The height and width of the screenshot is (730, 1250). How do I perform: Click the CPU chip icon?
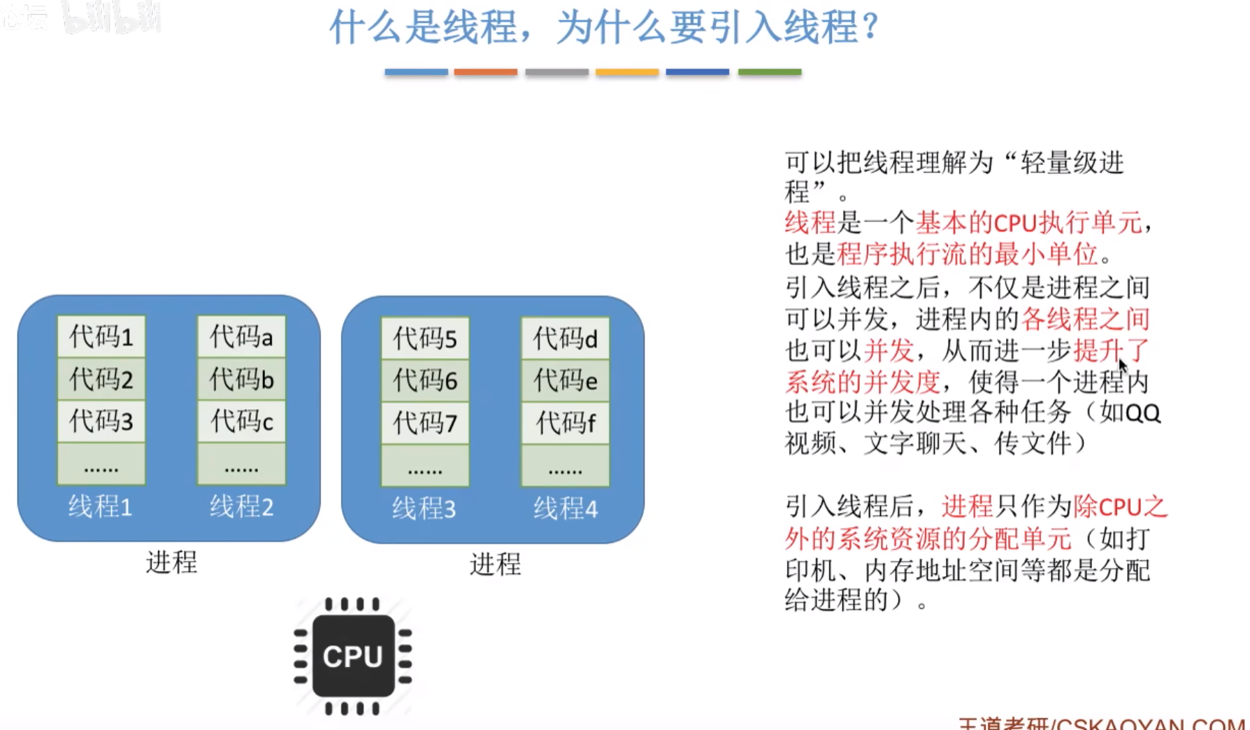click(x=353, y=656)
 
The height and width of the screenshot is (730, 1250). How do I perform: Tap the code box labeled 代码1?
click(x=101, y=337)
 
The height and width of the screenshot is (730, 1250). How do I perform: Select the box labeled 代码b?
click(x=242, y=380)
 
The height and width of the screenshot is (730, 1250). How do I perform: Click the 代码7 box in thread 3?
click(x=425, y=423)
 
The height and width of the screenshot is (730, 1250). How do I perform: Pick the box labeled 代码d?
click(x=566, y=339)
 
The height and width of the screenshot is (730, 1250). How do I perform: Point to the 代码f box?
click(x=566, y=423)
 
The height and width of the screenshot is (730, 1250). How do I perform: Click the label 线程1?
click(x=100, y=507)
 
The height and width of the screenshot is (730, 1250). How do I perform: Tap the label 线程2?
click(x=242, y=507)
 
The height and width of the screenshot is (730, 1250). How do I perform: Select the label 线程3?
click(x=424, y=509)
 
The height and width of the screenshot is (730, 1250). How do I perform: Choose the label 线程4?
click(x=566, y=509)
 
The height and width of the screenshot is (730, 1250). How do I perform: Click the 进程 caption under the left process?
click(x=171, y=562)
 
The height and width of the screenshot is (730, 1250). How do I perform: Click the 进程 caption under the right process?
click(x=495, y=564)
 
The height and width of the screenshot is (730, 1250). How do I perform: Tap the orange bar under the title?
click(x=486, y=72)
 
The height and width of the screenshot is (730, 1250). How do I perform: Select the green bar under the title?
click(x=770, y=72)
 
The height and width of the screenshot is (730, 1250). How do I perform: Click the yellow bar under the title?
click(x=627, y=72)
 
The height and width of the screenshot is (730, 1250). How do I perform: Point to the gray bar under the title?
click(x=556, y=72)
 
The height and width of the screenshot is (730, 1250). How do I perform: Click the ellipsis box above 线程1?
click(x=101, y=464)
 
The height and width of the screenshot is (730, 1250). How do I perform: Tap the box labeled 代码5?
click(x=425, y=339)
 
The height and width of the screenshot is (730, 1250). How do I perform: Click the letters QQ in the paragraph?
click(x=1143, y=413)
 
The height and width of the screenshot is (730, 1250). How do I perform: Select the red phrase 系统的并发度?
click(x=863, y=382)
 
